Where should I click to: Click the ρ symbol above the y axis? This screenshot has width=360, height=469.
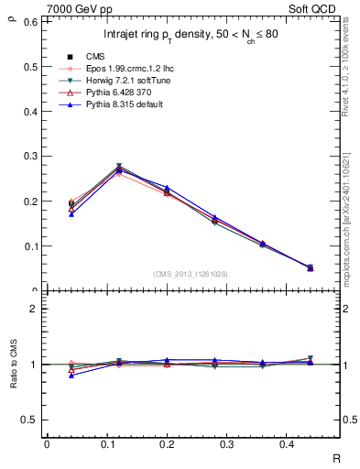(x=12, y=10)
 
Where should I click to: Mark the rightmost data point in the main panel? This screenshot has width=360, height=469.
(x=310, y=267)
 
